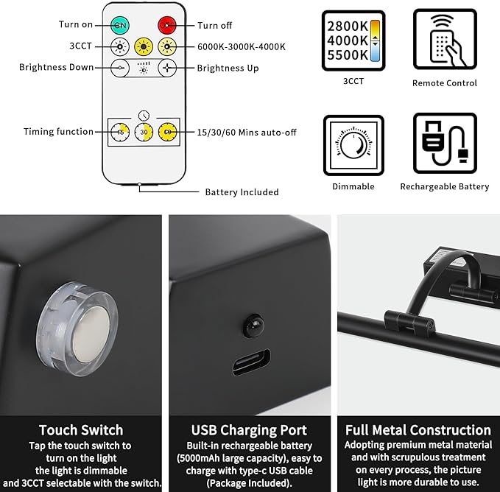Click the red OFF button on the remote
[x=169, y=25]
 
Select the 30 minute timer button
[x=144, y=132]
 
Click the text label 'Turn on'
[x=76, y=25]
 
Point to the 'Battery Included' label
[x=242, y=192]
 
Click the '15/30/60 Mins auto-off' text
[x=247, y=132]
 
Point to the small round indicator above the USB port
[x=252, y=324]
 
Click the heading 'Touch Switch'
[x=81, y=430]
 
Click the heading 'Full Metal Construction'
[x=418, y=430]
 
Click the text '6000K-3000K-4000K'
[x=242, y=46]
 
